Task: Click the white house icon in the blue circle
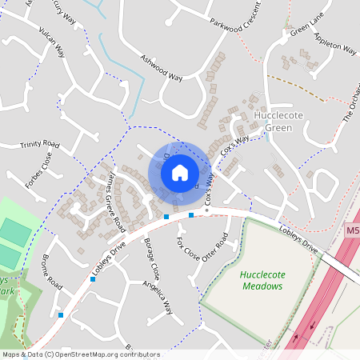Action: point(180,172)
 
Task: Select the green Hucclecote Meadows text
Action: point(263,281)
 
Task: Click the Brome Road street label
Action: point(53,272)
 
